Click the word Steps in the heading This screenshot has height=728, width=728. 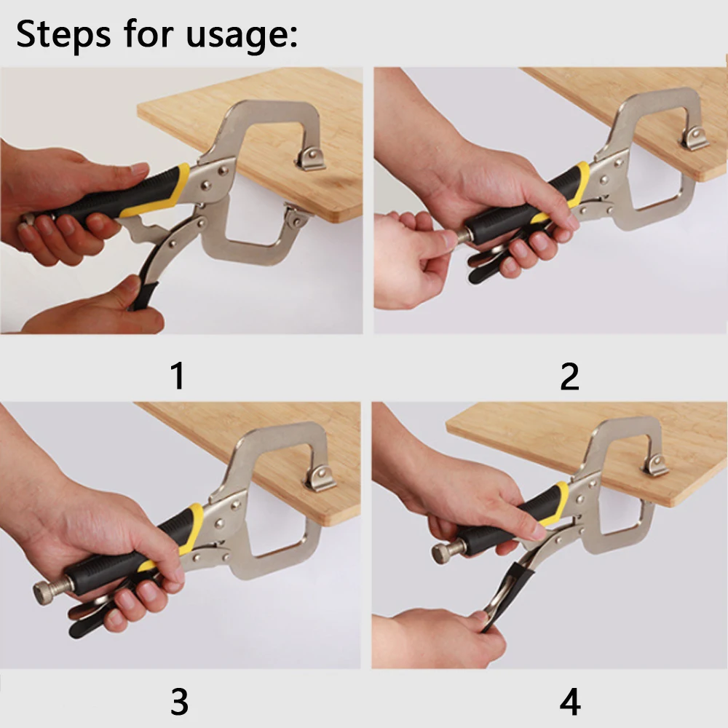(x=63, y=34)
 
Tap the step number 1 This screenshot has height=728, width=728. (x=178, y=376)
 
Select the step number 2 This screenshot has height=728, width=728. (x=570, y=376)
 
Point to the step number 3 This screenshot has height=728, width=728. (x=179, y=702)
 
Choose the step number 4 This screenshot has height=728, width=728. (x=570, y=702)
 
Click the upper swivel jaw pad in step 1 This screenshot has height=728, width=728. (x=311, y=159)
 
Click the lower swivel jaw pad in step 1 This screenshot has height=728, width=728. (x=296, y=216)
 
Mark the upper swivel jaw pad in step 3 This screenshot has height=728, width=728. (x=321, y=478)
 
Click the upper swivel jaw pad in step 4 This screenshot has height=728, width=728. (x=655, y=466)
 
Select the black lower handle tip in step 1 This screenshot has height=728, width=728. (x=145, y=296)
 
